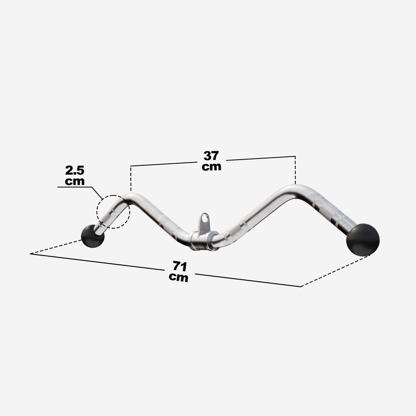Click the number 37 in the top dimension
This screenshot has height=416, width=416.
coord(211,156)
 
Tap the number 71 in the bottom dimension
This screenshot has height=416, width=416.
coord(179,266)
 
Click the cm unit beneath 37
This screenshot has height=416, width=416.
coord(211,167)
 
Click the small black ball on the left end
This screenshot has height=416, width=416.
coord(92,236)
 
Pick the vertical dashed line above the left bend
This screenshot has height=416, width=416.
coord(130,179)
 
